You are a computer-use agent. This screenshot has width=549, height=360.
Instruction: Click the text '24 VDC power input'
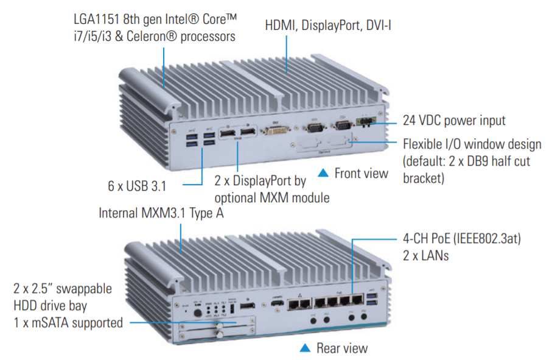pyautogui.click(x=455, y=119)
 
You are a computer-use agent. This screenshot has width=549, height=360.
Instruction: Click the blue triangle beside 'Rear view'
pyautogui.click(x=305, y=348)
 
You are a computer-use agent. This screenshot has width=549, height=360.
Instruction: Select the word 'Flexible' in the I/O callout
pyautogui.click(x=423, y=144)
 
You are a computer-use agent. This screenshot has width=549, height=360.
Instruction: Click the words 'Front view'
pyautogui.click(x=361, y=174)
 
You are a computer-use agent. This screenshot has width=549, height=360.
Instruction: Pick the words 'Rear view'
pyautogui.click(x=341, y=348)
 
